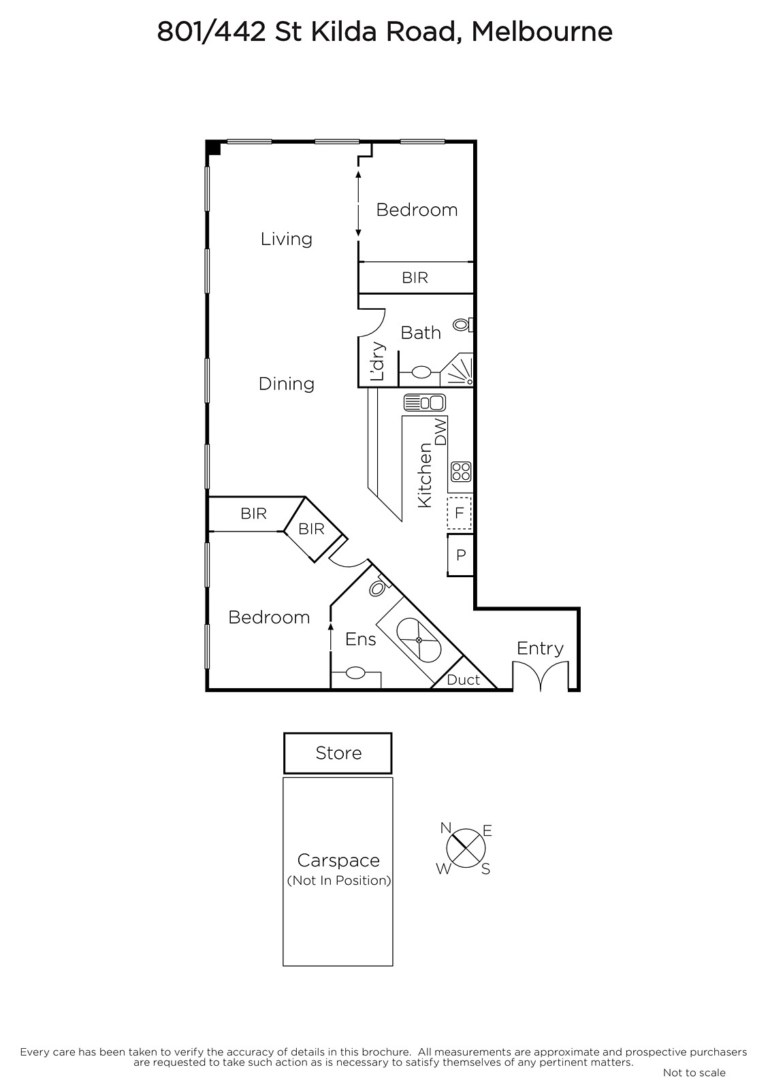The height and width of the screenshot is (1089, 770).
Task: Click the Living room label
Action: pyautogui.click(x=286, y=239)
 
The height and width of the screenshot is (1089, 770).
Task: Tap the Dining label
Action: pyautogui.click(x=286, y=384)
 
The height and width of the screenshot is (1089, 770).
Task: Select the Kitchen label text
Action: pyautogui.click(x=425, y=476)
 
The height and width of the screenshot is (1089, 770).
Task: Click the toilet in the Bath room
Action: pyautogui.click(x=462, y=325)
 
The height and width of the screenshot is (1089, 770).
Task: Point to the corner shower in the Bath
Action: pyautogui.click(x=458, y=370)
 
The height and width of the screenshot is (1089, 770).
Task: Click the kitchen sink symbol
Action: pyautogui.click(x=425, y=402)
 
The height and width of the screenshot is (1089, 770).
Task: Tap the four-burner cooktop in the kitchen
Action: pyautogui.click(x=461, y=471)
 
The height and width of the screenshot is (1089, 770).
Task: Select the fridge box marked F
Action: pyautogui.click(x=459, y=513)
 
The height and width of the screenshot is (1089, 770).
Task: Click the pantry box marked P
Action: pyautogui.click(x=460, y=555)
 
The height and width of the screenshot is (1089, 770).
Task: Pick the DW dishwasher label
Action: pyautogui.click(x=440, y=432)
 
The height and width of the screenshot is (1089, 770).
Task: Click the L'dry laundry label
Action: pyautogui.click(x=377, y=361)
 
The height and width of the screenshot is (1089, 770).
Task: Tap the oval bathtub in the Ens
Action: pyautogui.click(x=419, y=640)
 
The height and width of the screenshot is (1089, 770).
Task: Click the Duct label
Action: pyautogui.click(x=463, y=680)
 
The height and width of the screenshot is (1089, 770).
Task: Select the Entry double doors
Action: pyautogui.click(x=540, y=675)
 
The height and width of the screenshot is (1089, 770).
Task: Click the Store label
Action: pyautogui.click(x=338, y=753)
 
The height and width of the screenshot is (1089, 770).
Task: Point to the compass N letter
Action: pyautogui.click(x=445, y=828)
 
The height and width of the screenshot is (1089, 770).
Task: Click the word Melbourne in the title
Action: pyautogui.click(x=542, y=32)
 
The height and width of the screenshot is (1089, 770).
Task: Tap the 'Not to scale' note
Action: pyautogui.click(x=694, y=1073)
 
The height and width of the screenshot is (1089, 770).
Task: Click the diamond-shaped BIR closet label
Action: pyautogui.click(x=311, y=528)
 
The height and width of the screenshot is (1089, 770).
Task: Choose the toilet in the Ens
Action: pyautogui.click(x=378, y=587)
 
